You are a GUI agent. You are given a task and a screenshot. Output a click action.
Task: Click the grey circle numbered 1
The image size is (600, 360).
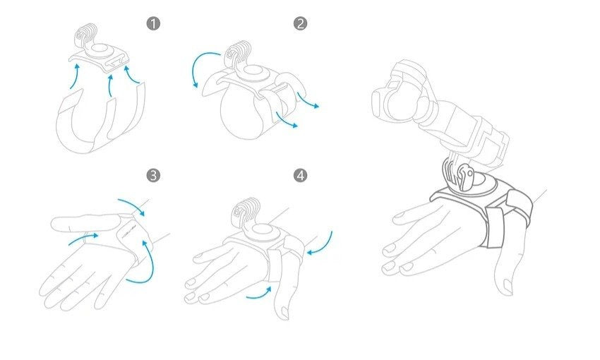[153, 24]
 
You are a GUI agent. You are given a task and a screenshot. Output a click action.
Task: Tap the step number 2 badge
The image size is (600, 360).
[301, 24]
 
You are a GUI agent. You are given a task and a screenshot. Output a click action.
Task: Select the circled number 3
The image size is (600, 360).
[153, 176]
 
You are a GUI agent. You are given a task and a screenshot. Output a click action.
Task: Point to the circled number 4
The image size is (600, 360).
[301, 176]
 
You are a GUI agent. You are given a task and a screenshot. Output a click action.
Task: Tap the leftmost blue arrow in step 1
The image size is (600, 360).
[76, 76]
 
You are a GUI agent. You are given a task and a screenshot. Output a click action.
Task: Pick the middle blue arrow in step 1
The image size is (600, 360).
[111, 85]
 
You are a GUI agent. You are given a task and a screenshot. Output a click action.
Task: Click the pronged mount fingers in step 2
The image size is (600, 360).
[236, 54]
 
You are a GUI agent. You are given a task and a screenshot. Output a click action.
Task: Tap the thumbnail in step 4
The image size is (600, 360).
[283, 312]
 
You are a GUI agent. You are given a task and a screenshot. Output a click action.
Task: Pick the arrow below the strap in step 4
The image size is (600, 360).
[259, 293]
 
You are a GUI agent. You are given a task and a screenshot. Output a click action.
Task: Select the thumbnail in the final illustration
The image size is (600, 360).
[508, 286]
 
